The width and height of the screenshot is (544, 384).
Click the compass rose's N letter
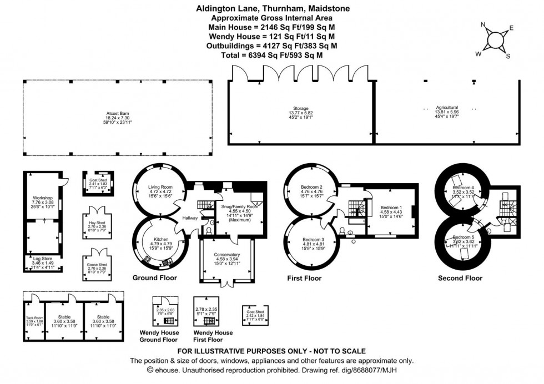coord(483,24)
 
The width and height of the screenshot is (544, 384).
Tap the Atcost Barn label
coord(118,113)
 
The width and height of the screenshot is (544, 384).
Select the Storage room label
coord(301,108)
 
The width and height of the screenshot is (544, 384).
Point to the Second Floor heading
coord(460,278)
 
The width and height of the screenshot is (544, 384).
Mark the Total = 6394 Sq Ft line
coord(272,55)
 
